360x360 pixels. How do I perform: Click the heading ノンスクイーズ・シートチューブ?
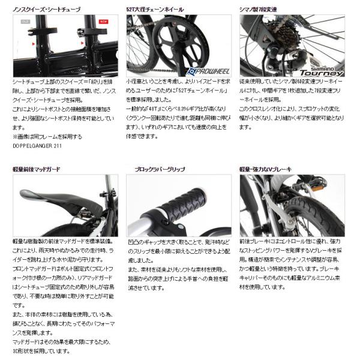[47, 10]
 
